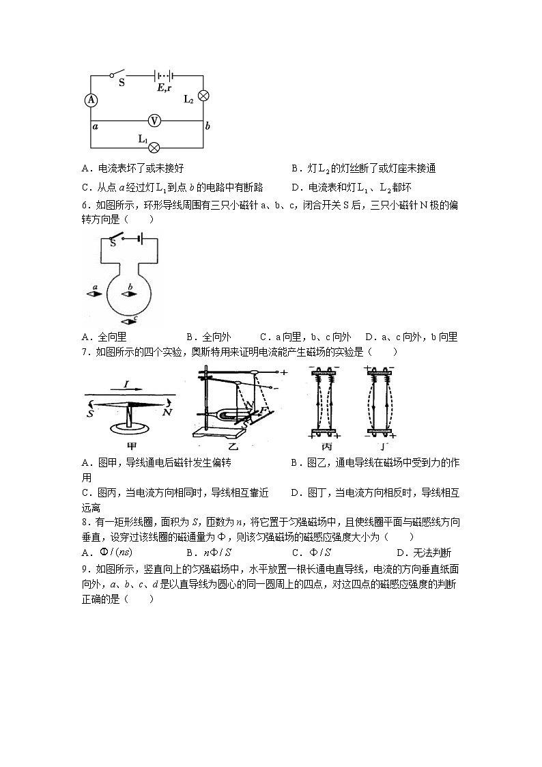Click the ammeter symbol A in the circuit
(x=91, y=100)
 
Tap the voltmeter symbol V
(x=154, y=121)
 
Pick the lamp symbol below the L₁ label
(x=154, y=147)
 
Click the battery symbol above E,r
(x=162, y=76)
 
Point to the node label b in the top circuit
(x=208, y=126)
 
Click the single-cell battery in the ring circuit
(x=138, y=238)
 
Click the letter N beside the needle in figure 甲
(x=167, y=412)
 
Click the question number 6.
(x=84, y=205)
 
